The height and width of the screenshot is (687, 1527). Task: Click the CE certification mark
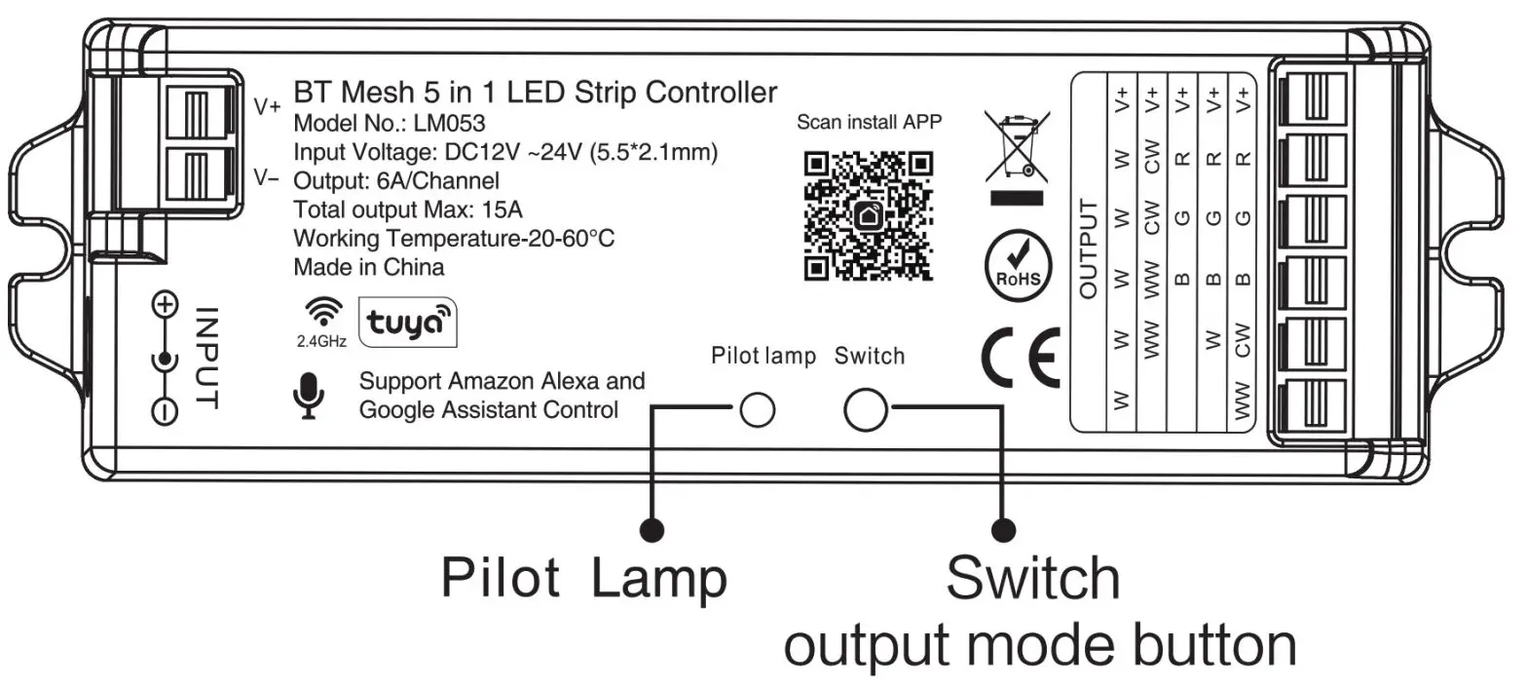(x=1020, y=359)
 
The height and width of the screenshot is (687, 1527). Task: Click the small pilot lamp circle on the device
(x=756, y=410)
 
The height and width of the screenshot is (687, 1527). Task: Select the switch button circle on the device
(x=865, y=409)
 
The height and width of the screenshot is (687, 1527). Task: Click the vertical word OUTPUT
(x=1089, y=248)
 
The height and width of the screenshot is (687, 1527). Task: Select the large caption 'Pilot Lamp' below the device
(x=583, y=577)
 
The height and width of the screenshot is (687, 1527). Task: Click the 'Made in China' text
(x=369, y=266)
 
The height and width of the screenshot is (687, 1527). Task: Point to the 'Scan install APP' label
(x=869, y=123)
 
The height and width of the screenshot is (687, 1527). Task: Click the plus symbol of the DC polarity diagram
(x=166, y=306)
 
